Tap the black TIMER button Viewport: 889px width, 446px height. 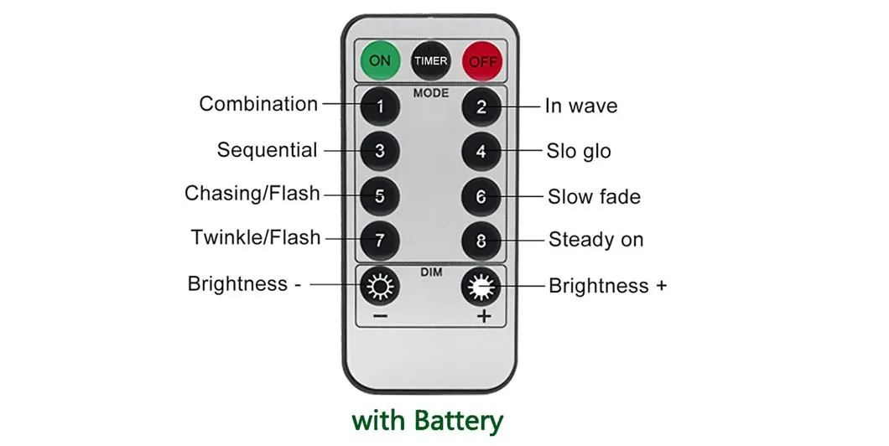pyautogui.click(x=430, y=60)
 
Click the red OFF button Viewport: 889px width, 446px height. pyautogui.click(x=482, y=61)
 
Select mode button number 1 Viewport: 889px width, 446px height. pyautogui.click(x=380, y=106)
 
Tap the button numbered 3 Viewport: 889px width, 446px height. pyautogui.click(x=380, y=151)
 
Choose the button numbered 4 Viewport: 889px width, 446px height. pyautogui.click(x=481, y=151)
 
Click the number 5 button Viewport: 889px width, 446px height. pyautogui.click(x=380, y=196)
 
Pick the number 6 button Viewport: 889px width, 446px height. pyautogui.click(x=481, y=197)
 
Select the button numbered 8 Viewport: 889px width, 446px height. pyautogui.click(x=481, y=241)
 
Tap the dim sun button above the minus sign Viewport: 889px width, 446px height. pyautogui.click(x=380, y=286)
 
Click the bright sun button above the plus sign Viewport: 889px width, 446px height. pyautogui.click(x=481, y=287)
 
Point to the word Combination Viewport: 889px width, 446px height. pyautogui.click(x=258, y=104)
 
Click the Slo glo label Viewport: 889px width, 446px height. pyautogui.click(x=579, y=151)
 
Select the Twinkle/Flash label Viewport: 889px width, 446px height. pyautogui.click(x=256, y=237)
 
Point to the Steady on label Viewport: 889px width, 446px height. pyautogui.click(x=595, y=239)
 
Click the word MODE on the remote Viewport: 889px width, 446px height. pyautogui.click(x=431, y=93)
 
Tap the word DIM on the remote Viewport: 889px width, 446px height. pyautogui.click(x=431, y=272)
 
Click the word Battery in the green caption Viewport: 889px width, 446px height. pyautogui.click(x=458, y=421)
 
